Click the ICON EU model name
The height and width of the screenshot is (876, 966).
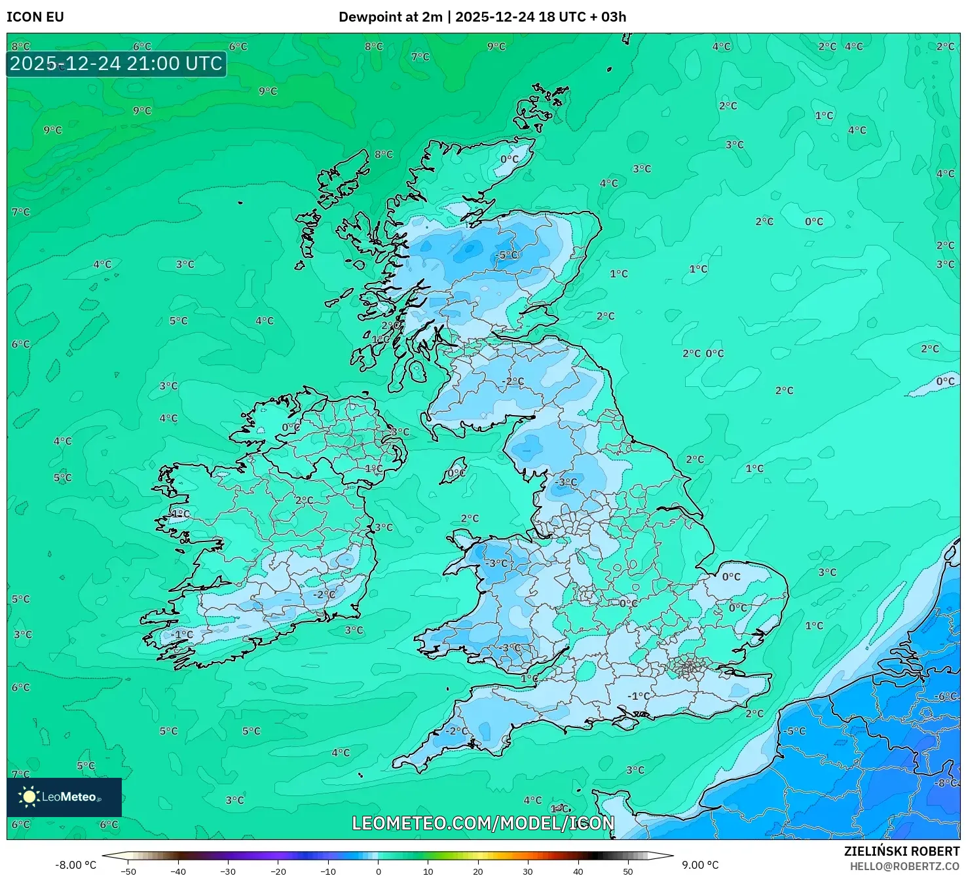coord(35,17)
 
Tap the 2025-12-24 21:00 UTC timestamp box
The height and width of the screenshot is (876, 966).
coord(117,64)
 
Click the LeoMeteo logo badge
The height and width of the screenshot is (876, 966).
coord(64,797)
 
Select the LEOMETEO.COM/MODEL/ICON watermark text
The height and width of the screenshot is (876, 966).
coord(483,823)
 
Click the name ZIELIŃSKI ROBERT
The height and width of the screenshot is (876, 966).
coord(901,851)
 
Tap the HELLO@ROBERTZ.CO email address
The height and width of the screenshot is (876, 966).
coord(904,866)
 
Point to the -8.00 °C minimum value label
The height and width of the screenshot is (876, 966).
coord(75,865)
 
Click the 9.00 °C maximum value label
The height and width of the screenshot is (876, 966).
coord(700,865)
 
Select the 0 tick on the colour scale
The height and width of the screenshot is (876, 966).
coord(379,871)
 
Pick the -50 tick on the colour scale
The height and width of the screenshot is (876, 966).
coord(128,871)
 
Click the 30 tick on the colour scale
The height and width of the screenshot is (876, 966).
coord(528,871)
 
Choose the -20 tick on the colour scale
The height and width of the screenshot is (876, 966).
coord(278,871)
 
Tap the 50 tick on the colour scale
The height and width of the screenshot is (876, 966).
coord(628,871)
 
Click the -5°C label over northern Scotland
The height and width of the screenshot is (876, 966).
coord(508,255)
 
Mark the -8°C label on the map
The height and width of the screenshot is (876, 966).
coord(947,782)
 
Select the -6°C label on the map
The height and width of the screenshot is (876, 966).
coord(947,696)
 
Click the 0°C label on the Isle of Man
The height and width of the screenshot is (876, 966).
coord(456,473)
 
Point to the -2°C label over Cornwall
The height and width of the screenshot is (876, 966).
coord(457,731)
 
